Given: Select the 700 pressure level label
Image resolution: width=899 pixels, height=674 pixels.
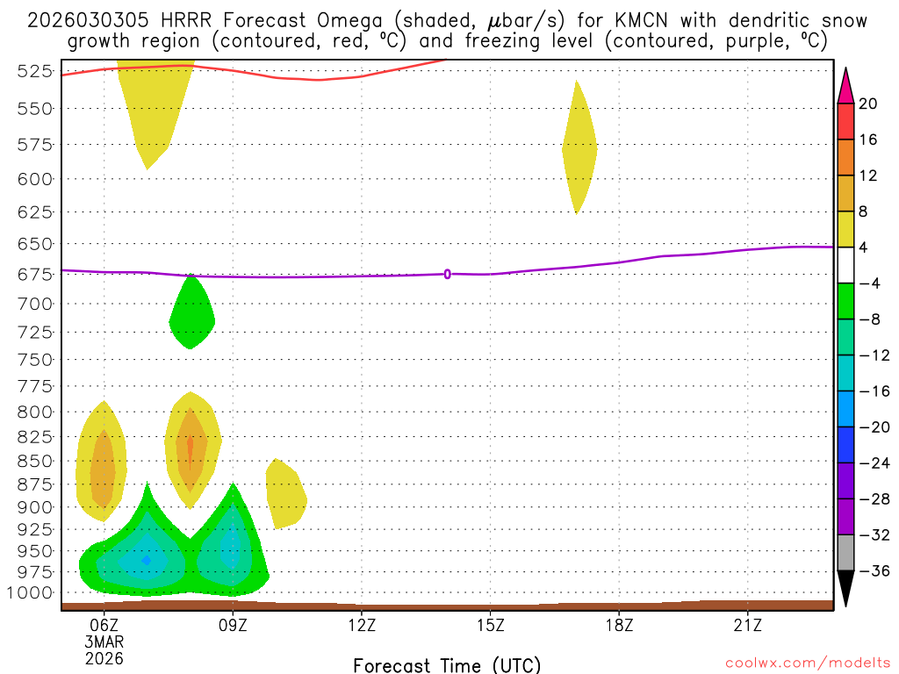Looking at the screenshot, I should pos(36,304).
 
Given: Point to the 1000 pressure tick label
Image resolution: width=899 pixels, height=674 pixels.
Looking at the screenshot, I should pos(32,592).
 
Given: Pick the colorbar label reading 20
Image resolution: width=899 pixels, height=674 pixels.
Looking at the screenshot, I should pos(868,104).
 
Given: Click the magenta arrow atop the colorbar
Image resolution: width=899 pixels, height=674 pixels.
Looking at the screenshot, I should pos(845,85).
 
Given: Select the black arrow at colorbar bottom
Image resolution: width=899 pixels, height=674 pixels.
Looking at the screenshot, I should pos(845,589).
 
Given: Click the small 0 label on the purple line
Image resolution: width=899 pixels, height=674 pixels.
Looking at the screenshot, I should pos(448,274).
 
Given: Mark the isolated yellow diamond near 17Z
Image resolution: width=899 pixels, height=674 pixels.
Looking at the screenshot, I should pos(579,147).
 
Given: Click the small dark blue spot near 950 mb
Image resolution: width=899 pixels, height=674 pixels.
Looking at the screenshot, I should pos(147,560).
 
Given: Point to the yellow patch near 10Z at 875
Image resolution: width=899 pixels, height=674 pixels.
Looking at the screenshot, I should pos(286,494).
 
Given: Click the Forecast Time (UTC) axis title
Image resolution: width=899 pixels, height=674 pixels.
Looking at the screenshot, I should pos(447,664).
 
